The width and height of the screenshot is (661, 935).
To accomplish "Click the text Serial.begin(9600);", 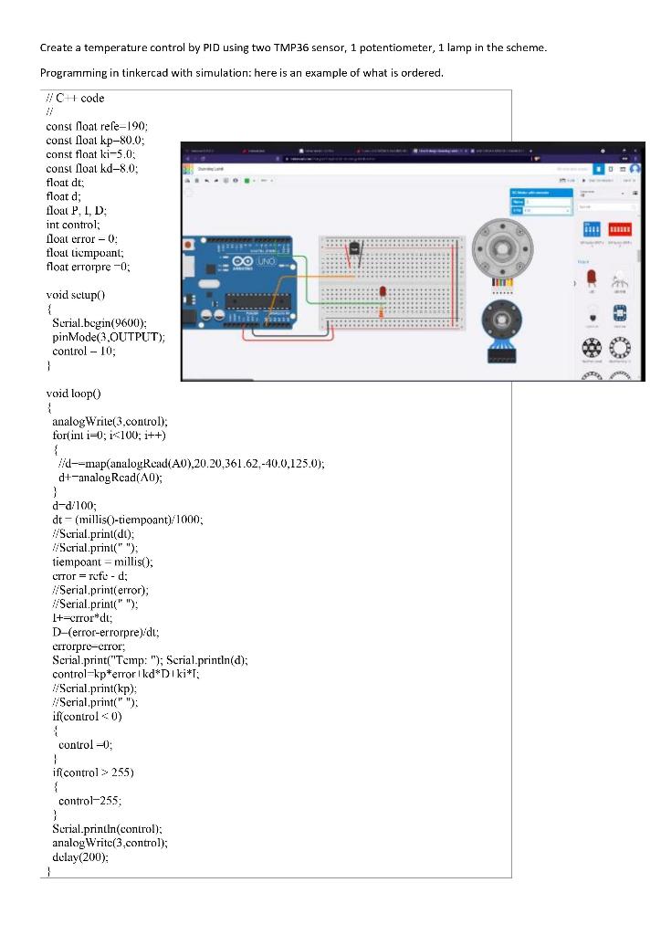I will (x=99, y=323).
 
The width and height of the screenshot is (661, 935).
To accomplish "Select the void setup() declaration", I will (x=76, y=295).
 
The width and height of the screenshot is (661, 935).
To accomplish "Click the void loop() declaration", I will (x=73, y=393).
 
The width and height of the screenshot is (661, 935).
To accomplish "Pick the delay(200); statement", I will (x=80, y=856).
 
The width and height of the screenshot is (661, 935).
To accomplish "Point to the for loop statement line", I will (x=108, y=435).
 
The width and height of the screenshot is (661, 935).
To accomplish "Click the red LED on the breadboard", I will (x=382, y=291).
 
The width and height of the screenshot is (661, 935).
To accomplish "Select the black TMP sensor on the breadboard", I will (x=355, y=249).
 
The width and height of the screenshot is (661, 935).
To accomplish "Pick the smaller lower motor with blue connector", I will (x=502, y=321).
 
